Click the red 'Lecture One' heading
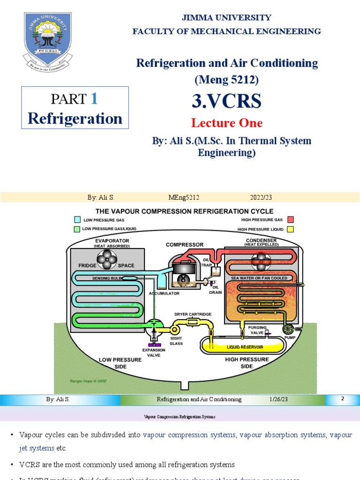(x=227, y=123)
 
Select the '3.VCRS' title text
(x=227, y=101)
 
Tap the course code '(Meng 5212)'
(x=227, y=80)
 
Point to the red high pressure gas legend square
(x=291, y=219)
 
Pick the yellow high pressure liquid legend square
(x=291, y=229)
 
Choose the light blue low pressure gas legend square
(x=77, y=219)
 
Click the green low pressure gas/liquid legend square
(x=77, y=229)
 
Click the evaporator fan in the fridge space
(x=107, y=260)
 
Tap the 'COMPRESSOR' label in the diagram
(x=185, y=245)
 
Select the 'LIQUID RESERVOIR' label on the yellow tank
(x=245, y=347)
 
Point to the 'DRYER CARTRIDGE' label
(x=193, y=314)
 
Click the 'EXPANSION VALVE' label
(x=154, y=352)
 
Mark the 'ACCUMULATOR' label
(x=164, y=293)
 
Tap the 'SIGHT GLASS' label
(x=176, y=341)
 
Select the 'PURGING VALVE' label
(x=257, y=330)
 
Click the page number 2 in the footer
(x=343, y=399)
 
